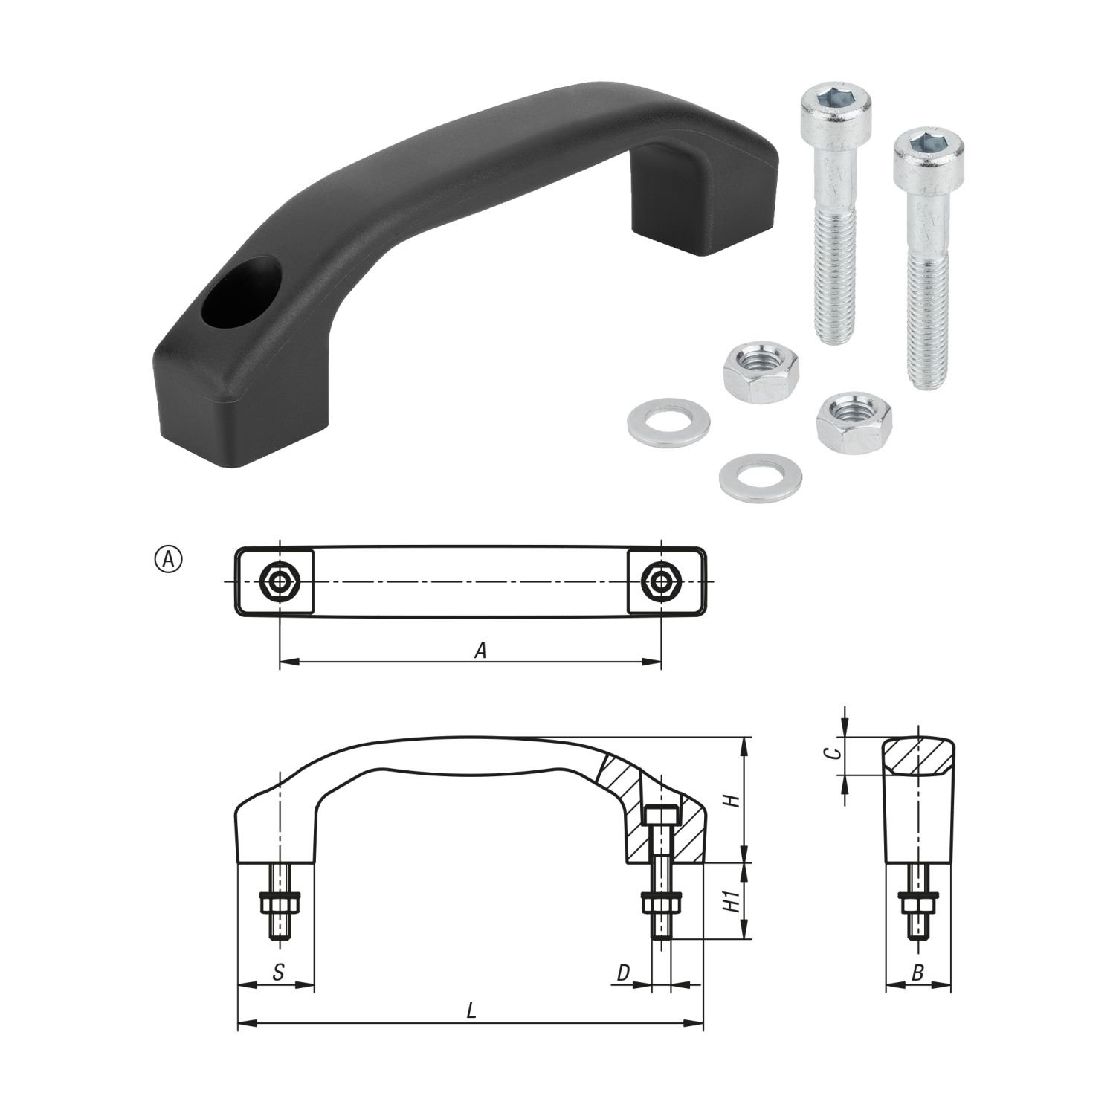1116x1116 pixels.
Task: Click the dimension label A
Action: (481, 651)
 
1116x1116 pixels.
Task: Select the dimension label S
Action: (277, 973)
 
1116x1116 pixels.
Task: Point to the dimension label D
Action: (624, 973)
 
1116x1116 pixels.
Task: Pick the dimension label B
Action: (917, 973)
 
